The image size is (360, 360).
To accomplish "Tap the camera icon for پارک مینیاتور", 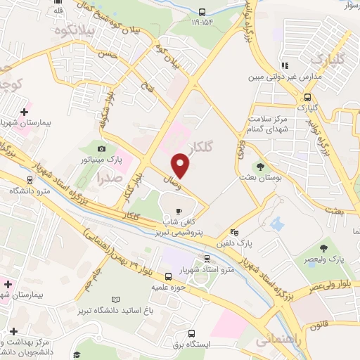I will tap(103, 148).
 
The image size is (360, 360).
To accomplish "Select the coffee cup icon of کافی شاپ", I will tap(179, 210).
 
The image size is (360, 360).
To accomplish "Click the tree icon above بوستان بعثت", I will tap(261, 167).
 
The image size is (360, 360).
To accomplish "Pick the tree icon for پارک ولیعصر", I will tap(323, 248).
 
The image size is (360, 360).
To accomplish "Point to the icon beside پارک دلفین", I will tap(234, 233).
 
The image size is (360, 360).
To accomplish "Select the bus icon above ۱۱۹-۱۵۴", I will tap(202, 11).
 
